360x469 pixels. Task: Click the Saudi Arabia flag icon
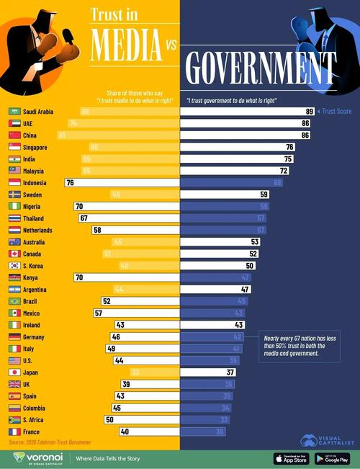[14, 112]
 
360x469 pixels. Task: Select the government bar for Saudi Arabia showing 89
[248, 112]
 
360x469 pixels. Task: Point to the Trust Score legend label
[338, 112]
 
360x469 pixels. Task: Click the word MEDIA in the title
[126, 45]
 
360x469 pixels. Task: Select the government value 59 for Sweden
[264, 195]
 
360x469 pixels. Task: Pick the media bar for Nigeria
[126, 207]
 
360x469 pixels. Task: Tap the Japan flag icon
[14, 372]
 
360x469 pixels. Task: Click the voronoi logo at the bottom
[37, 457]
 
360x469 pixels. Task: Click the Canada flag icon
[14, 254]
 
